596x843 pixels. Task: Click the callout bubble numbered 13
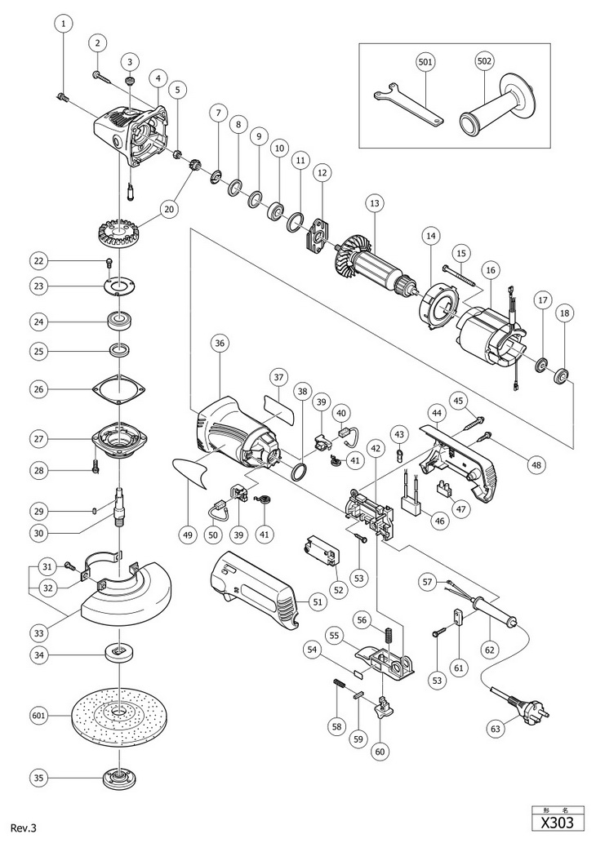coord(375,203)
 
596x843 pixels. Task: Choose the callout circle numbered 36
coord(221,343)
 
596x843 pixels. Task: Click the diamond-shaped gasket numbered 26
coord(119,389)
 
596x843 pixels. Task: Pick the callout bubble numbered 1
coord(64,24)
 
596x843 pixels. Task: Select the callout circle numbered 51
coord(318,602)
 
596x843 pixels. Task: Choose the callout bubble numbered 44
coord(435,413)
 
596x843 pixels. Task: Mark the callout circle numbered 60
coord(380,751)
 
